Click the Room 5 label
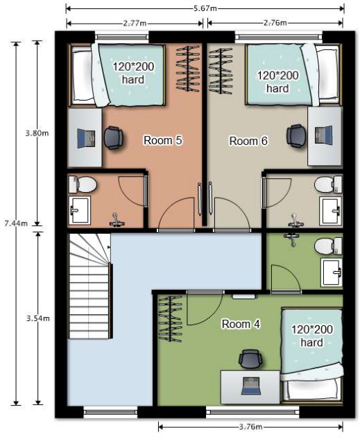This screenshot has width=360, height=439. [162, 140]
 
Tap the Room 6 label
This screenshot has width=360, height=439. [248, 141]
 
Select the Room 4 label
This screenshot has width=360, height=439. [241, 324]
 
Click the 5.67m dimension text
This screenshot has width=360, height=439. [205, 8]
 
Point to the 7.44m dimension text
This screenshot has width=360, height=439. [16, 223]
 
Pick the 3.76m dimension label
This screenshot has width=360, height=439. [251, 427]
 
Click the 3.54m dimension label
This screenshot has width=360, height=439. [37, 318]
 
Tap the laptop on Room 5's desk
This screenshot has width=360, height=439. [86, 138]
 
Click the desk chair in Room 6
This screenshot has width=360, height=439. [295, 136]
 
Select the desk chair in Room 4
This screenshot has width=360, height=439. [250, 359]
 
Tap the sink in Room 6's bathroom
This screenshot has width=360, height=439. [331, 211]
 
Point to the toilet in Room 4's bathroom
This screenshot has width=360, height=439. [328, 246]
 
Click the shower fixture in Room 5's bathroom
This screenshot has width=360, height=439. [116, 220]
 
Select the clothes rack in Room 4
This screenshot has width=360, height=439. [170, 319]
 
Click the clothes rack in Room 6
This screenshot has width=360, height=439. [221, 71]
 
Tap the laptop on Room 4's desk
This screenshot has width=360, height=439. [251, 386]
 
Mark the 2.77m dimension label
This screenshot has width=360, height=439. [135, 23]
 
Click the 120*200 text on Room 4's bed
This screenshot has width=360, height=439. [312, 329]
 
